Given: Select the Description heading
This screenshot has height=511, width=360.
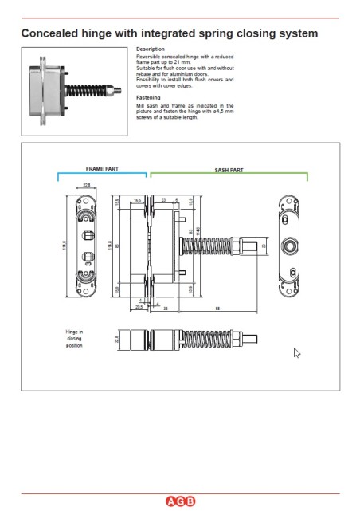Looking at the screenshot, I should coord(151,49).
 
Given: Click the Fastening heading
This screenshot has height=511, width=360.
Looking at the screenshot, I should coord(149,97).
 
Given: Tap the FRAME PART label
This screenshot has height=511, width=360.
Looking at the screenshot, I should coord(101,169).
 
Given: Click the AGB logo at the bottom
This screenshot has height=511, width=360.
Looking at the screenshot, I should coord(180,501).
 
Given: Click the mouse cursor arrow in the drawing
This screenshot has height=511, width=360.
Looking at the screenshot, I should coord(297,353).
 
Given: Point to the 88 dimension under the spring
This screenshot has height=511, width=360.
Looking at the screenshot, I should coord(216,308).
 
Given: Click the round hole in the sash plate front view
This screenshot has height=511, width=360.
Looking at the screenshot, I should coord(290,245).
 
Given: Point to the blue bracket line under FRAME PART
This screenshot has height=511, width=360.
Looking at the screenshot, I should coord(102,174).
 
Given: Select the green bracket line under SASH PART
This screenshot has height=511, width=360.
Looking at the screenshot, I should coord(229,174).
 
